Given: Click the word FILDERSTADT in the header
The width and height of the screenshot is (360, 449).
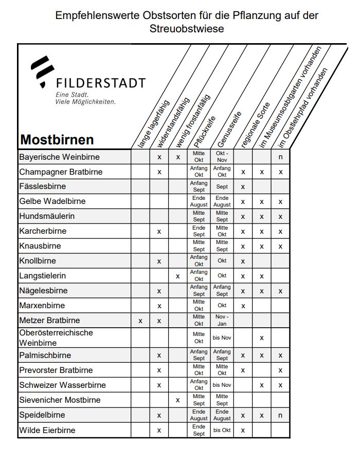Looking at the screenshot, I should (x=100, y=83).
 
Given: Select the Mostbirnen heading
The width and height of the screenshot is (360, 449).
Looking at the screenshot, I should (x=57, y=140).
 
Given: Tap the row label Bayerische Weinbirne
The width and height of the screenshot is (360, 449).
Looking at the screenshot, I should (x=59, y=157).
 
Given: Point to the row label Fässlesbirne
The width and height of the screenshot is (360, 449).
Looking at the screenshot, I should (x=43, y=186).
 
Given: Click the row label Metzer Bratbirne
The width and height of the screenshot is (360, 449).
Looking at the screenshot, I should (x=49, y=321).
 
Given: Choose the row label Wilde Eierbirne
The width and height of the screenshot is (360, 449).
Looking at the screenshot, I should (x=47, y=430).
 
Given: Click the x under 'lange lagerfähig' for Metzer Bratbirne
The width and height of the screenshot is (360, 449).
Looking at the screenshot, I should (x=140, y=321).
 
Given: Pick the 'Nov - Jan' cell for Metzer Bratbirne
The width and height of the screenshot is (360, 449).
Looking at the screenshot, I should (x=222, y=321).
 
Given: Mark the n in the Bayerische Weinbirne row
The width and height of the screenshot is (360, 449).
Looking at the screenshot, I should (x=280, y=157).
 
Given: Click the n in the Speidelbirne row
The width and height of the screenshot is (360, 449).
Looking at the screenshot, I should (x=280, y=415).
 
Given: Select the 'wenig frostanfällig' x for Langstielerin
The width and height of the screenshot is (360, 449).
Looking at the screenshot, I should (x=177, y=276).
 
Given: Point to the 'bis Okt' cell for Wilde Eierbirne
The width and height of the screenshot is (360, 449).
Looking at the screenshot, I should (x=222, y=430).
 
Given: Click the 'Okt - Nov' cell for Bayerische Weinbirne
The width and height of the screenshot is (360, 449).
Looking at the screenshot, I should (x=222, y=157).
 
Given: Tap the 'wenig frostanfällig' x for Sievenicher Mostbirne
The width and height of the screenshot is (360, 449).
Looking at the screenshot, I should (x=177, y=400).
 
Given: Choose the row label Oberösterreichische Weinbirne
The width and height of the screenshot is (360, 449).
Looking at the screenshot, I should (x=56, y=338).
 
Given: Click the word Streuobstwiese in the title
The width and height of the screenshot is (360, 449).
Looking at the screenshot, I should (x=187, y=29).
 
